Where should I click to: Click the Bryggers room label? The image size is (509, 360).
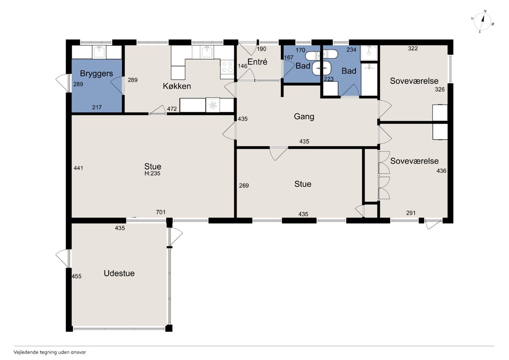pos(96,74)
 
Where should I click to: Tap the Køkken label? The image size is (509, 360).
pos(177,86)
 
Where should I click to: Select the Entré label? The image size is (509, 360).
pos(257,62)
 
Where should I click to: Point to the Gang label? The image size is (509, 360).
pos(304,117)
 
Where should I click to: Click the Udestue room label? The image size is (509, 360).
pos(119,273)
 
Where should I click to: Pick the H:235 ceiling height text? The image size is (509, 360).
pos(152,173)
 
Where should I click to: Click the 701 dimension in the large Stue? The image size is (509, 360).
pos(161,212)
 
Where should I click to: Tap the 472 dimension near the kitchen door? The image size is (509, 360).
pos(172,109)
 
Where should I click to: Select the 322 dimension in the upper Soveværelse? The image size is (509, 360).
pos(413,49)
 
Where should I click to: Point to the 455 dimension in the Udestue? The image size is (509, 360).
pos(77,276)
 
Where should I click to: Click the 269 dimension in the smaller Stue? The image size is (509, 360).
pos(244,185)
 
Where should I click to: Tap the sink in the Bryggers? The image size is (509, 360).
pos(99,52)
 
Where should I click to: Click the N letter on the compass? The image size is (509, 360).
pos(486,11)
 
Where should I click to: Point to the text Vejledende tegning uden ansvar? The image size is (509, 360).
pos(50,352)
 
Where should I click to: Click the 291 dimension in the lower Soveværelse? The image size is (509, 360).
pos(411,213)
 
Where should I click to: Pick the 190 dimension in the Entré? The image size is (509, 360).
pos(261,49)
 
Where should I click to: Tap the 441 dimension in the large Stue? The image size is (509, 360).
pos(78,168)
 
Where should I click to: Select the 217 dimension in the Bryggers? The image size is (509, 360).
pos(97,107)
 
